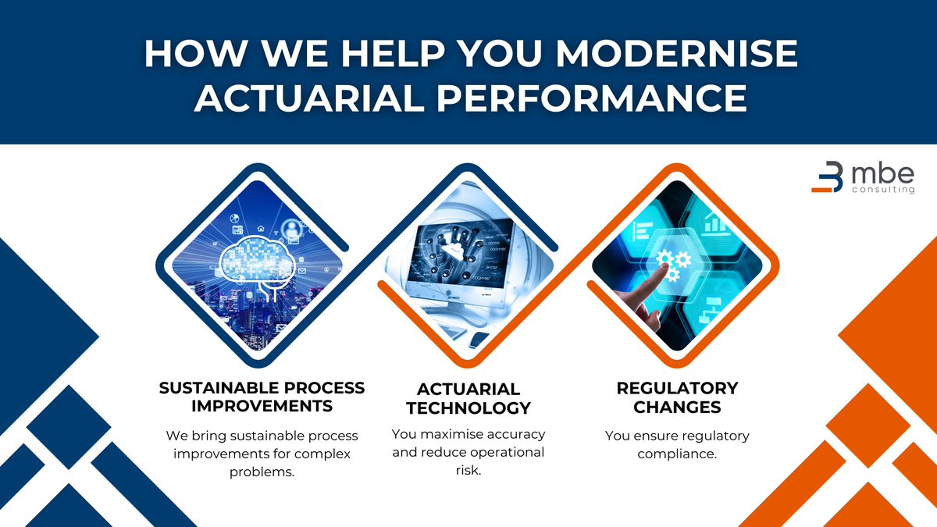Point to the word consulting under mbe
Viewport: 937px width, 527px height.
pyautogui.click(x=881, y=190)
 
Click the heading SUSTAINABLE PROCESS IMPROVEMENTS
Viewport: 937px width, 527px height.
pyautogui.click(x=262, y=397)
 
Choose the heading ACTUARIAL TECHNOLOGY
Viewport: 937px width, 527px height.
pyautogui.click(x=468, y=398)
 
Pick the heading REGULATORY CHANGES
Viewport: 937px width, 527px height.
pyautogui.click(x=677, y=397)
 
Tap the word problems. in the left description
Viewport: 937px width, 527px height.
pyautogui.click(x=262, y=472)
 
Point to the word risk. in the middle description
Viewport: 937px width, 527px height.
pyautogui.click(x=468, y=471)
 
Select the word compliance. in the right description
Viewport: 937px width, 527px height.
pyautogui.click(x=677, y=454)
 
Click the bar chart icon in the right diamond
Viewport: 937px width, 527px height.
pyautogui.click(x=713, y=223)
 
